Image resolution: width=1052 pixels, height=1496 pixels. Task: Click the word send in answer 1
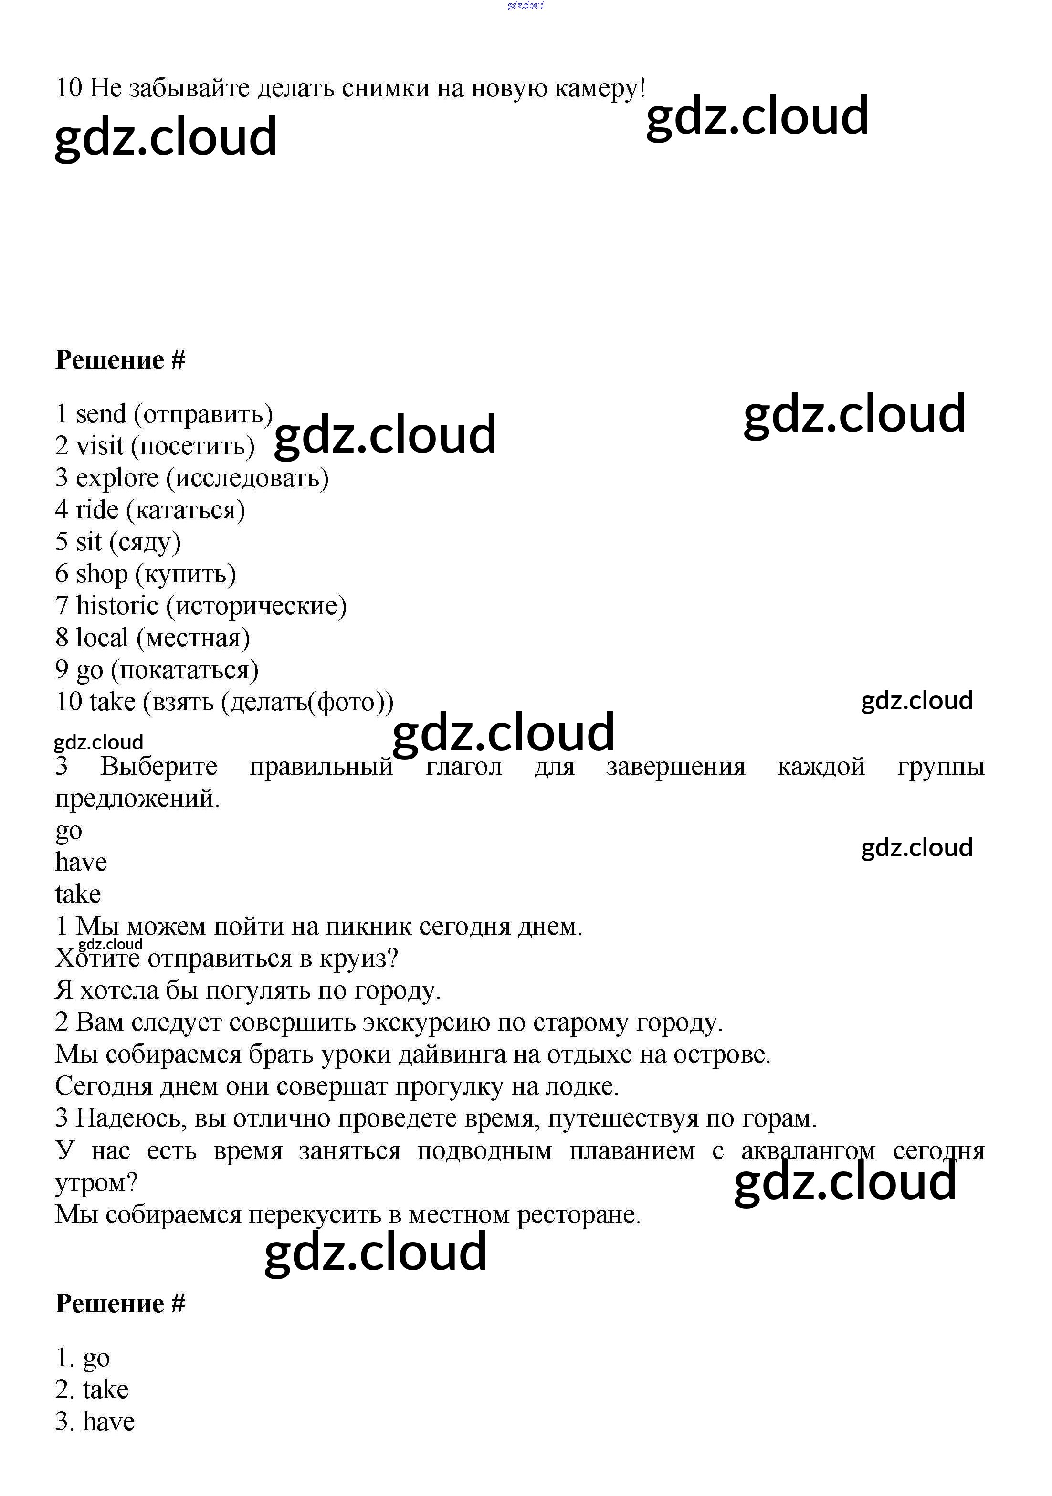coord(101,414)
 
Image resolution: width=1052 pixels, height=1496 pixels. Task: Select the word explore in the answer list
coord(117,478)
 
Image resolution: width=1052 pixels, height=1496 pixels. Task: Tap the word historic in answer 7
coord(117,605)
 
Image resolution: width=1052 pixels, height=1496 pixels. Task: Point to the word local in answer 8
coord(102,637)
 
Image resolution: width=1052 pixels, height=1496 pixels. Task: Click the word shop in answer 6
coord(102,574)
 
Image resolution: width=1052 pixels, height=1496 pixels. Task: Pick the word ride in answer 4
coord(97,509)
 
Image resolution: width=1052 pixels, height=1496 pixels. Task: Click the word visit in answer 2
coord(100,446)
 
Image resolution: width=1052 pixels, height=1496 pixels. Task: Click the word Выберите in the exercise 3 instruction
coord(159,766)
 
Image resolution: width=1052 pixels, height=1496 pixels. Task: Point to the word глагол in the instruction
coord(464,766)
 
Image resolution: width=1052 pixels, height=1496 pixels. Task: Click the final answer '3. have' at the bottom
coord(95,1421)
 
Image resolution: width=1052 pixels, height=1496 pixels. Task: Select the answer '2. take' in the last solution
coord(92,1389)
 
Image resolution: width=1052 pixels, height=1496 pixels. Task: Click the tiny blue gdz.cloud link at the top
coord(526,5)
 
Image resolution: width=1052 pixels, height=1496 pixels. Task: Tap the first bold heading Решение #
coord(120,359)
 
